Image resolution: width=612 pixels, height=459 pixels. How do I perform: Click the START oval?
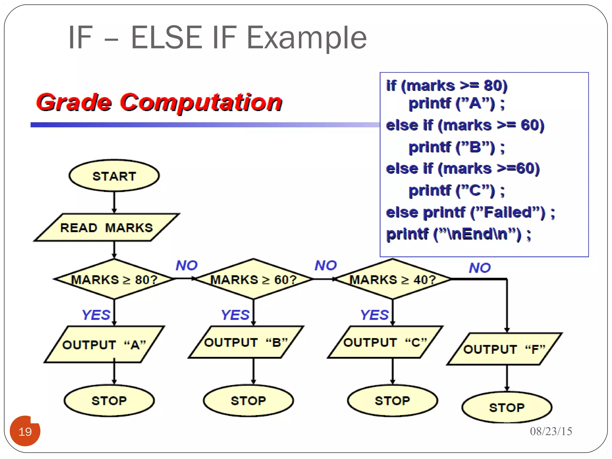point(114,176)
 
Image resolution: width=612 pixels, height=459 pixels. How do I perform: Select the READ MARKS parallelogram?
point(107,227)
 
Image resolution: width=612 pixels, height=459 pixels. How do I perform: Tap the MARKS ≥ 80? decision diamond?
point(114,279)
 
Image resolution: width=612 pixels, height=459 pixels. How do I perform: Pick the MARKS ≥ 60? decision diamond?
point(253,279)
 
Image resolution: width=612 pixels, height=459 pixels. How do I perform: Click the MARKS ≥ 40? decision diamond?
point(393,279)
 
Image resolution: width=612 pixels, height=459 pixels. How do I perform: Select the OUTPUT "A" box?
point(104,345)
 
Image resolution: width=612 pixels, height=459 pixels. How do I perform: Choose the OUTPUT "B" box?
point(246,342)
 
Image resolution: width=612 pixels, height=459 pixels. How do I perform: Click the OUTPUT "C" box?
point(385,342)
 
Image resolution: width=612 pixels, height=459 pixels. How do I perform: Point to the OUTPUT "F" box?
point(504,349)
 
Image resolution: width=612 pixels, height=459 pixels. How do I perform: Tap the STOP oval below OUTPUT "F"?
point(507,407)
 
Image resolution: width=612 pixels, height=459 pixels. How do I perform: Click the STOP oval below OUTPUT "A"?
point(109,400)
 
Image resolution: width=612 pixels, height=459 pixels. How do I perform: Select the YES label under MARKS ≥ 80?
point(96,315)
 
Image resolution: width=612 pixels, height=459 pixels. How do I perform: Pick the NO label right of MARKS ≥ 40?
point(480,268)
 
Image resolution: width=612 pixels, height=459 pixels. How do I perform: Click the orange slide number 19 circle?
point(25,431)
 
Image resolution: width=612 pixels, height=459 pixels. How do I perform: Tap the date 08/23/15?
point(551,431)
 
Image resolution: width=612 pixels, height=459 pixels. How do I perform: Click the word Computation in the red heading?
point(201,102)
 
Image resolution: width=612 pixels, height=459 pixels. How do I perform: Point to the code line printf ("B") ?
point(456,147)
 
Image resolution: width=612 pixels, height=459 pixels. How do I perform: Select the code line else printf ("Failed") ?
point(470,212)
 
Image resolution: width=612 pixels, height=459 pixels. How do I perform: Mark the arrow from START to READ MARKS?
point(114,202)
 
